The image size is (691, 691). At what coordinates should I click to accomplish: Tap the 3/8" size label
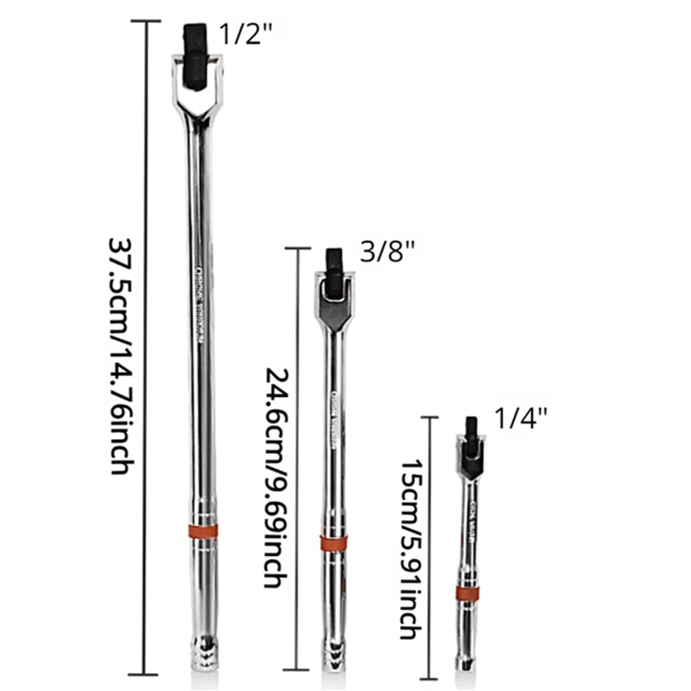[387, 252]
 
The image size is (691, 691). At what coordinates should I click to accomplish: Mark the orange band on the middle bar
[334, 542]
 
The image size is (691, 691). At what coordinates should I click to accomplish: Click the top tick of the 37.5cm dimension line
[145, 21]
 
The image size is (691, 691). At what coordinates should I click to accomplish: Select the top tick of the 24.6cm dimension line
[298, 248]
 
